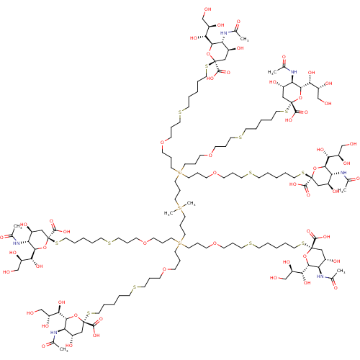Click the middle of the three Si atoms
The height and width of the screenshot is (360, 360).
[x=179, y=207]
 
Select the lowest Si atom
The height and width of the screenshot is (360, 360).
[x=179, y=243]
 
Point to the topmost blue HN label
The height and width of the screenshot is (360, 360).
[x=225, y=32]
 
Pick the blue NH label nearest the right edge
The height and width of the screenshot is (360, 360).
[x=345, y=174]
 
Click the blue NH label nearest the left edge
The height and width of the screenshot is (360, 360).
[x=17, y=243]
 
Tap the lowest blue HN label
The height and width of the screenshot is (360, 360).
[x=53, y=333]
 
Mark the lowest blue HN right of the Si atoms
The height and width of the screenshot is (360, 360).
[x=320, y=276]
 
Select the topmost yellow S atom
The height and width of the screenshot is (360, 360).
[x=207, y=67]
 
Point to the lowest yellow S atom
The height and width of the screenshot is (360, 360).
[x=89, y=313]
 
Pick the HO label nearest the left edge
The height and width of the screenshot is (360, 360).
[x=7, y=271]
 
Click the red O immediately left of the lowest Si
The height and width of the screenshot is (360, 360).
[x=145, y=243]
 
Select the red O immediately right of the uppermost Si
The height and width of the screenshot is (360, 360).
[x=215, y=174]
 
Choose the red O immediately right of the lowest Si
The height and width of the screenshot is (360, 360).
[x=215, y=244]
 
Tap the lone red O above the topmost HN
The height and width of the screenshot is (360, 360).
[x=238, y=22]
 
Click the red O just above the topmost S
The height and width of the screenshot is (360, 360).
[x=209, y=53]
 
